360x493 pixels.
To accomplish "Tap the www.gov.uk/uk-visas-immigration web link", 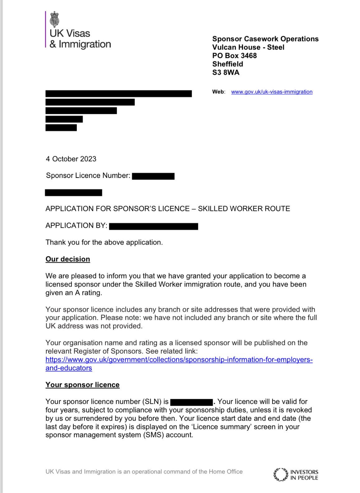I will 272,92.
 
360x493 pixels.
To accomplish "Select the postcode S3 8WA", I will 226,72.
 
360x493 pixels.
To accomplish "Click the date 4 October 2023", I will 71,159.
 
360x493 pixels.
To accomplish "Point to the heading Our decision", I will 68,259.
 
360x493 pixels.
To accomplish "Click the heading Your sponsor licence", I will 82,385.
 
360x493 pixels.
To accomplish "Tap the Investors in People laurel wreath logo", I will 281,475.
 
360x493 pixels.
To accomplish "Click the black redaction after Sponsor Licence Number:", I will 153,176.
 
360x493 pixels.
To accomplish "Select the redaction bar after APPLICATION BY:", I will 154,226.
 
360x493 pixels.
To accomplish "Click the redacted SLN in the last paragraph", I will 191,402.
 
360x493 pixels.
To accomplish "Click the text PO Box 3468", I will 234,56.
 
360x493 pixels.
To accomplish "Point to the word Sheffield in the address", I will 227,64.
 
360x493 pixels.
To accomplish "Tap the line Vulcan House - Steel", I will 248,47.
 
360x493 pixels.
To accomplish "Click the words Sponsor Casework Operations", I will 265,39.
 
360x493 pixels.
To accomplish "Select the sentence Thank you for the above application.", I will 104,242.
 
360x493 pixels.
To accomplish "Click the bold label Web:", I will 218,92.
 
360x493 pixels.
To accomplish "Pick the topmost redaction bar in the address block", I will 119,94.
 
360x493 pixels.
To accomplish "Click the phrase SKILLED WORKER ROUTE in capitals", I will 244,209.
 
